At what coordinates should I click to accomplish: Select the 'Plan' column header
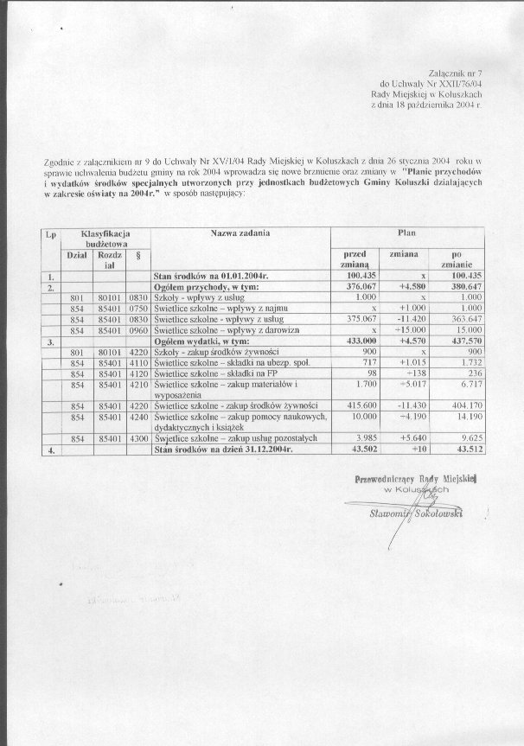coord(406,233)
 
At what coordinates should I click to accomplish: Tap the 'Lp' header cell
coord(50,233)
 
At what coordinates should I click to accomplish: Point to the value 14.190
coord(465,417)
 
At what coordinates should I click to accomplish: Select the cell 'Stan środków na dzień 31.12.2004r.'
coord(222,450)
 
